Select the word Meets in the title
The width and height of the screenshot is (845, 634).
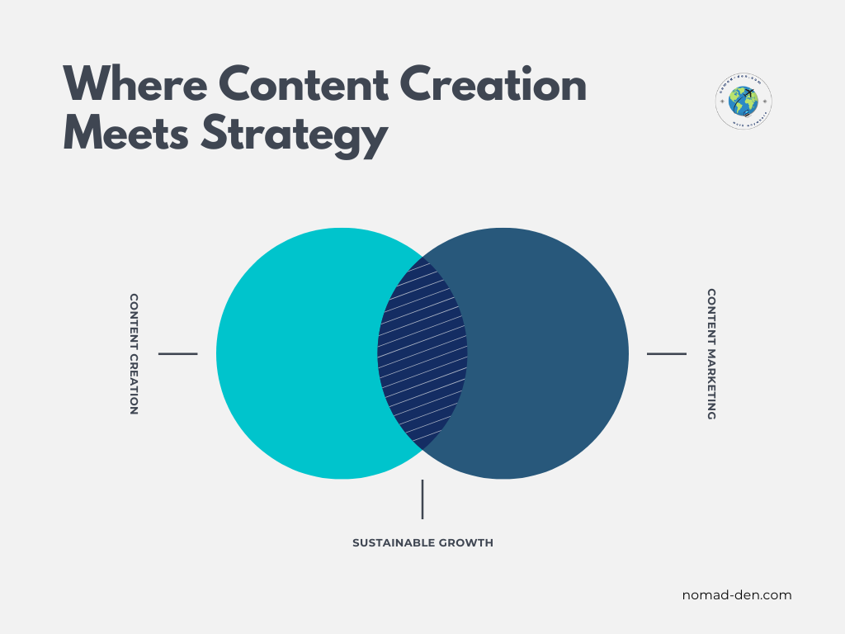pyautogui.click(x=126, y=134)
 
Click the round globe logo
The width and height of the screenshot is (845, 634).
pyautogui.click(x=744, y=102)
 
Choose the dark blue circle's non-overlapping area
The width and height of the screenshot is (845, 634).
pyautogui.click(x=549, y=353)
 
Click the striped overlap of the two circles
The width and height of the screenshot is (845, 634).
pyautogui.click(x=422, y=353)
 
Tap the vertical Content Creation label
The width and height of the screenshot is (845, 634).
pyautogui.click(x=134, y=353)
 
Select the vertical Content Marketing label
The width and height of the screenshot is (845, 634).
pyautogui.click(x=711, y=353)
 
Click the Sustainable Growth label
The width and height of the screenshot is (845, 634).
pyautogui.click(x=422, y=543)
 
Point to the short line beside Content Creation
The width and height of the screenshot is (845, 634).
pyautogui.click(x=177, y=353)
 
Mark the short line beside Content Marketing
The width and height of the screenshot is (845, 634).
pyautogui.click(x=666, y=353)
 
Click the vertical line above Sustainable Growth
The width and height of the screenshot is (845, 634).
pyautogui.click(x=422, y=499)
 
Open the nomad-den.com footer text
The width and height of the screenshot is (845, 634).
pyautogui.click(x=737, y=594)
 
